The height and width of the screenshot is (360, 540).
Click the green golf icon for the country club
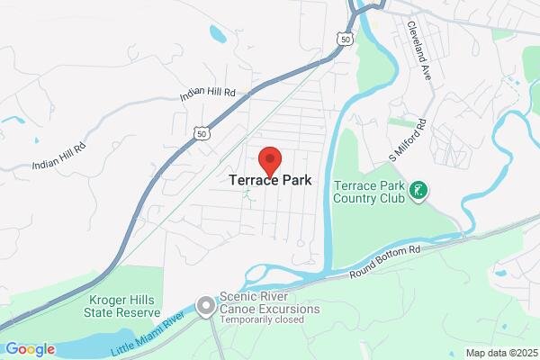coord(418,190)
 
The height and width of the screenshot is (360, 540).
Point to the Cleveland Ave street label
coord(420,42)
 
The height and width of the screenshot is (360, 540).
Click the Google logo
coord(30,349)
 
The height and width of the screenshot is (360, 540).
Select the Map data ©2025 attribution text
coord(499,353)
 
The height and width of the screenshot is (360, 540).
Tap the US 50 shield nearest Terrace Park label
coord(202,132)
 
